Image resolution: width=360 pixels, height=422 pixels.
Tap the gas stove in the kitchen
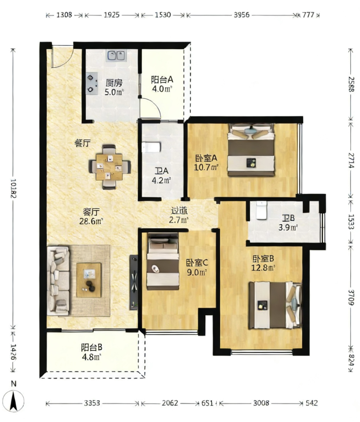(91, 84)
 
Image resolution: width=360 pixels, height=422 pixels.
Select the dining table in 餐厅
(109, 167)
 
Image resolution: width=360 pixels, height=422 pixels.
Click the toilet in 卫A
(151, 147)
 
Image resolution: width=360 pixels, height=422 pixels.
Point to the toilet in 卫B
(261, 210)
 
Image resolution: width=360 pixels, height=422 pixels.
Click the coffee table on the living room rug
(89, 280)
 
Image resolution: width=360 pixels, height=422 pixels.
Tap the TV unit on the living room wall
(134, 283)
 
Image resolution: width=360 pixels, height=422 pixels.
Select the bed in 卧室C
(163, 261)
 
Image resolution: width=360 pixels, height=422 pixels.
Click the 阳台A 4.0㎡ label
(162, 84)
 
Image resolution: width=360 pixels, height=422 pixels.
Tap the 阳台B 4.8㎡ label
(91, 352)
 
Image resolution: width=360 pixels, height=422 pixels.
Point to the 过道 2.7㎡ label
(179, 215)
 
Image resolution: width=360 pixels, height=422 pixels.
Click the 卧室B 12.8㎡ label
(263, 263)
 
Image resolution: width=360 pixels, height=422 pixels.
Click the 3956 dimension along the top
(241, 15)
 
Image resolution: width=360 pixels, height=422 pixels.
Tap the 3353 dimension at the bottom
(92, 403)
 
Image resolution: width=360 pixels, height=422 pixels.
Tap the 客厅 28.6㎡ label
(91, 216)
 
